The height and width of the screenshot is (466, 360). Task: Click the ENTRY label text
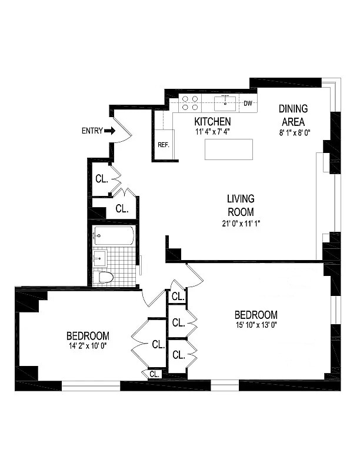[x=92, y=131]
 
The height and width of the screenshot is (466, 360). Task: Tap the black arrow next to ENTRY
[x=110, y=131]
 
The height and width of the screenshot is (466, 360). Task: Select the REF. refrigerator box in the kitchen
[x=163, y=145]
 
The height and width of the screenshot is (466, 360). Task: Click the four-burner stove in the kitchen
[x=189, y=104]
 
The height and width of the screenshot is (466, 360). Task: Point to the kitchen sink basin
[x=225, y=104]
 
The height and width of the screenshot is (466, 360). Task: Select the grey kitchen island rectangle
[x=229, y=149]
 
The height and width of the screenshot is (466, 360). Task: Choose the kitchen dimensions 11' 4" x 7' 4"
[x=212, y=132]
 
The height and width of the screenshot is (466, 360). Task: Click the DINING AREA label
[x=292, y=115]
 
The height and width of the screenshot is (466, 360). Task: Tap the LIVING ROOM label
[x=241, y=205]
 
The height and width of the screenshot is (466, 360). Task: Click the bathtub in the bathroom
[x=114, y=237]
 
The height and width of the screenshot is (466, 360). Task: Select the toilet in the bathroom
[x=104, y=277]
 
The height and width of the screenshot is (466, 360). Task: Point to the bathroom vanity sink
[x=99, y=257]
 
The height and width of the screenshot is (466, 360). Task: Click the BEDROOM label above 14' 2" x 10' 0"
[x=87, y=336]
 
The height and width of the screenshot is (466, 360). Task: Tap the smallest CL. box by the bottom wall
[x=154, y=374]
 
